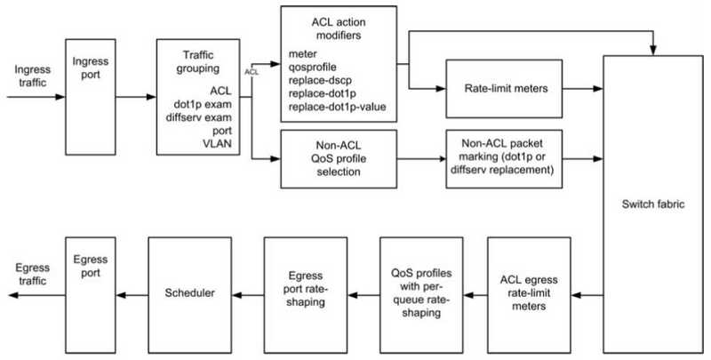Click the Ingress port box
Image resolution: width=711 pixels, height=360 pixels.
click(x=91, y=97)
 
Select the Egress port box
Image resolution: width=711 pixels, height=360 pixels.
click(x=91, y=295)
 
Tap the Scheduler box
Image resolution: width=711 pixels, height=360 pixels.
click(x=190, y=295)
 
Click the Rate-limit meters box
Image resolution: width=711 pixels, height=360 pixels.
click(x=504, y=89)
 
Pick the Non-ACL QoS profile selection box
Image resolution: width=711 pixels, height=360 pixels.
click(x=339, y=159)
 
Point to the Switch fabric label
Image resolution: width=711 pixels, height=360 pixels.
click(x=653, y=204)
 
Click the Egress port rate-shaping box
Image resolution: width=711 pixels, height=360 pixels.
click(x=306, y=295)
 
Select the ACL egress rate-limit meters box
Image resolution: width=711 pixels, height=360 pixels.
click(x=529, y=295)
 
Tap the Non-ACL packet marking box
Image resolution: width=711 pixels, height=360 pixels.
click(x=504, y=159)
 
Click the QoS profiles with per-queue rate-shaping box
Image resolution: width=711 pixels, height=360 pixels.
click(x=421, y=295)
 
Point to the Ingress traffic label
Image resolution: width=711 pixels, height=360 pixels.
click(x=32, y=76)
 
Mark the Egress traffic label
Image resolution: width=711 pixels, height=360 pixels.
click(x=31, y=275)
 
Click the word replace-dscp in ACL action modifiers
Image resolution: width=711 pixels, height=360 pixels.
click(x=320, y=80)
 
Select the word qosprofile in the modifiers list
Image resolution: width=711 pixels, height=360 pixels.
click(x=313, y=68)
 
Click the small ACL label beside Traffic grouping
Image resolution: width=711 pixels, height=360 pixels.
click(x=252, y=72)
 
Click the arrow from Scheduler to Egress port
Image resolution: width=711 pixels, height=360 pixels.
click(x=132, y=296)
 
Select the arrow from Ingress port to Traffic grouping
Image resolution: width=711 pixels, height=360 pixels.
click(x=136, y=97)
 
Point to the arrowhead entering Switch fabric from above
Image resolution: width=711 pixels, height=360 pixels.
click(x=653, y=52)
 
